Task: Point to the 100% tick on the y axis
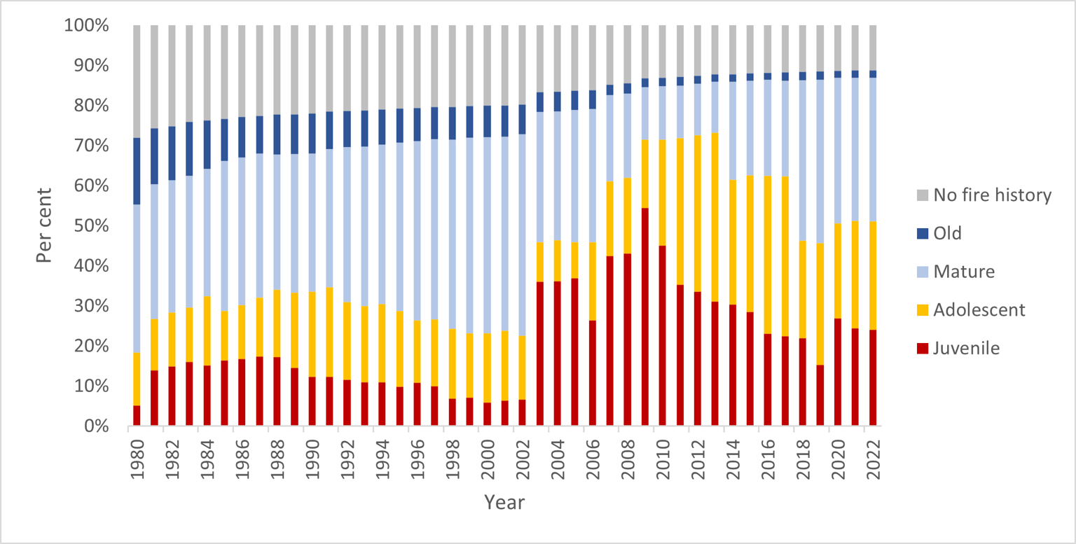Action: click(x=87, y=26)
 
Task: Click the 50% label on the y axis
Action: click(x=91, y=226)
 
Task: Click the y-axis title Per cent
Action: click(x=45, y=225)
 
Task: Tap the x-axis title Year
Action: click(x=504, y=502)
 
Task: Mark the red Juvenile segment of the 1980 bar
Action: click(x=137, y=416)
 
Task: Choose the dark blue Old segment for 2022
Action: click(x=874, y=74)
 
